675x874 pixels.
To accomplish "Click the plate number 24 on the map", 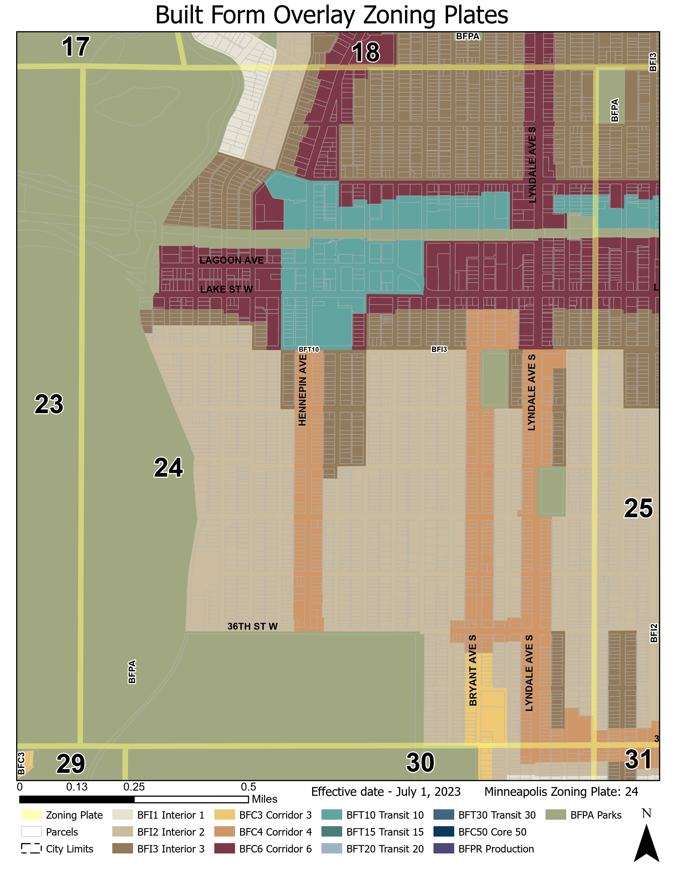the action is [168, 467].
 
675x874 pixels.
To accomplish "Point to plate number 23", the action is [49, 404].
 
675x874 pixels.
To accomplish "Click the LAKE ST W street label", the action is [226, 289].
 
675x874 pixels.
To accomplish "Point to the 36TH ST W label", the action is [252, 626].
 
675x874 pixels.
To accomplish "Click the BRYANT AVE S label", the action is [473, 670].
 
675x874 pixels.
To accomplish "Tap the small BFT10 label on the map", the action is [309, 349].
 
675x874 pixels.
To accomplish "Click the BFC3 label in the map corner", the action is [21, 763].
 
